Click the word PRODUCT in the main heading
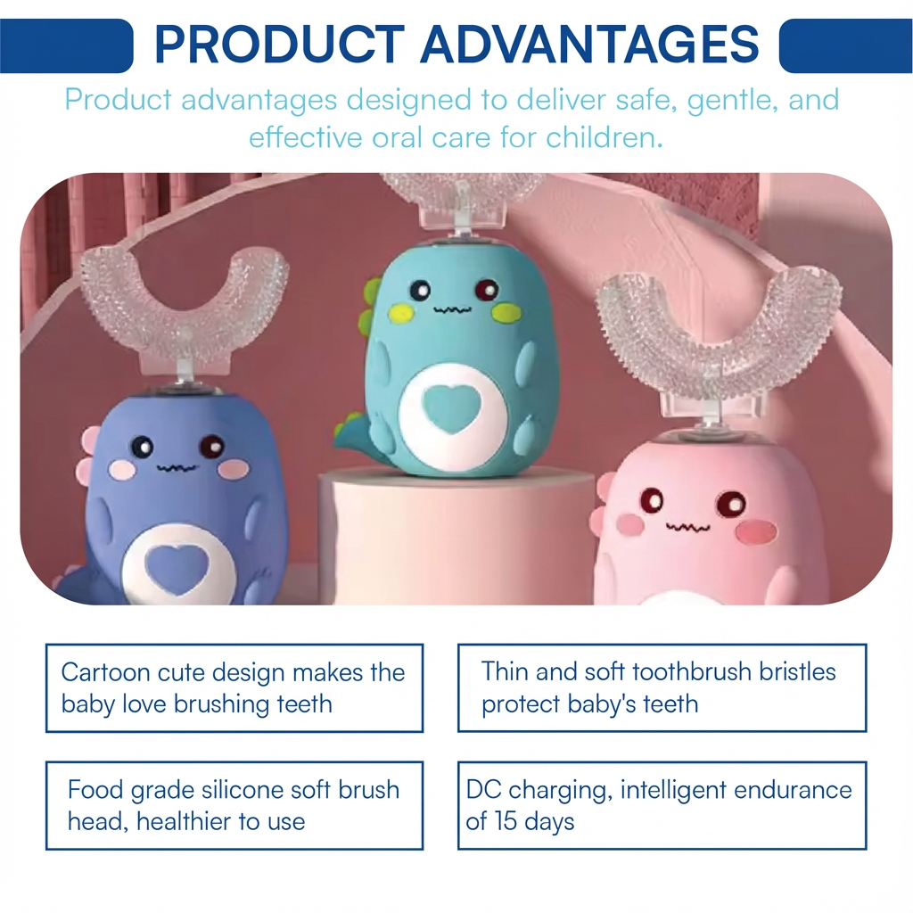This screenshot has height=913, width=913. click(279, 45)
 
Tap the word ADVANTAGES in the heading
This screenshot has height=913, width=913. click(589, 45)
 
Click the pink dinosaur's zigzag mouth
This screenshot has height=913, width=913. click(688, 527)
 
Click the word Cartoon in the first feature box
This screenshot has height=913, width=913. click(105, 672)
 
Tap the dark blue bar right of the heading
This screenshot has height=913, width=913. click(845, 45)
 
